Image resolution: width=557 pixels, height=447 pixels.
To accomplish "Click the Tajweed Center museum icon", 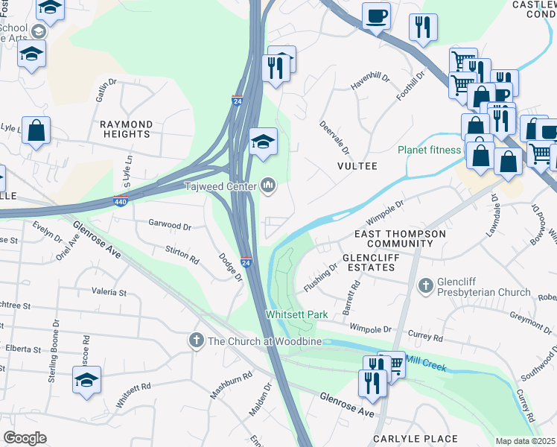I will pos(268,186).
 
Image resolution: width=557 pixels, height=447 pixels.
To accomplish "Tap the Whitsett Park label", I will pos(297,315).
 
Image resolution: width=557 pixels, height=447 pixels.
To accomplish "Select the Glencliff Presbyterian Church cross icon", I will pos(426,285).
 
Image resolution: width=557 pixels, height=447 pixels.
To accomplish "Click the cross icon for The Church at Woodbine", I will pos(197,340).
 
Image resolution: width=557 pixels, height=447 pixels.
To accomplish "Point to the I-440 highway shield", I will pos(121,201).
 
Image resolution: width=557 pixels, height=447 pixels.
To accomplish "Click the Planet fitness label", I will pos(429,150).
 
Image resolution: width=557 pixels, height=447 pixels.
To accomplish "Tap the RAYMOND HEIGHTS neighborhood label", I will pos(127,129).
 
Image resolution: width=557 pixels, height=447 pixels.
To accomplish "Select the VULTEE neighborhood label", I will pos(359,166).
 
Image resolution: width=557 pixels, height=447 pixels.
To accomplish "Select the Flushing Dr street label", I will pos(321,277).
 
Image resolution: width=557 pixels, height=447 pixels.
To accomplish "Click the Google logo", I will pos(25,438).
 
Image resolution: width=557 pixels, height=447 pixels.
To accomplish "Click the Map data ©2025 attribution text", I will pos(525,441).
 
